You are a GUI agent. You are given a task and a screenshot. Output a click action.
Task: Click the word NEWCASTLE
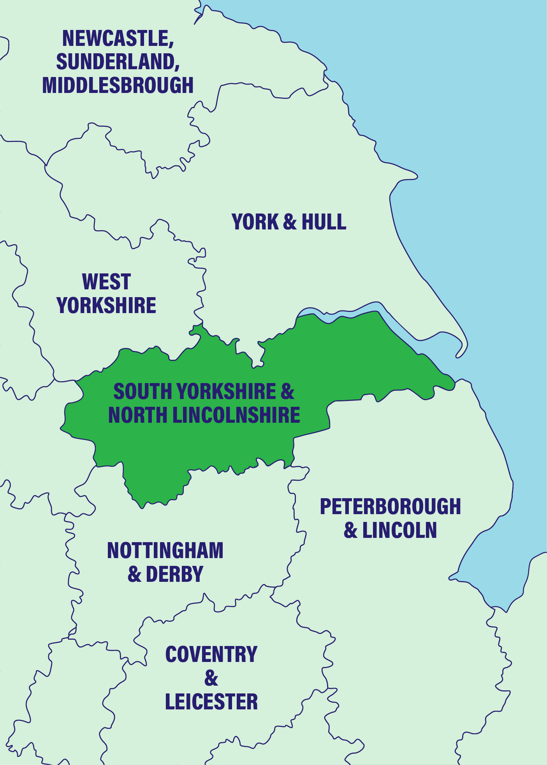pyautogui.click(x=116, y=38)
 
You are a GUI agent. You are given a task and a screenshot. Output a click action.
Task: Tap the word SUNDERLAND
pyautogui.click(x=117, y=61)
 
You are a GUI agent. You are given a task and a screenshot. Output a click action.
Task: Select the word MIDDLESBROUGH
pyautogui.click(x=118, y=85)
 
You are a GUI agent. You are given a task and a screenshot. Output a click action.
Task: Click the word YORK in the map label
pyautogui.click(x=255, y=222)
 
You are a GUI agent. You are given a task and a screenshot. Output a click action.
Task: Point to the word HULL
pyautogui.click(x=324, y=222)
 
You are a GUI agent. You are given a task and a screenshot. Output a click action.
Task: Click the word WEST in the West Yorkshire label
pyautogui.click(x=106, y=282)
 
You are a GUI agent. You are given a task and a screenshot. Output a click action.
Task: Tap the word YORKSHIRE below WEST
pyautogui.click(x=106, y=305)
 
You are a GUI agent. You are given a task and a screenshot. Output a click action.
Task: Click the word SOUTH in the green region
pyautogui.click(x=142, y=391)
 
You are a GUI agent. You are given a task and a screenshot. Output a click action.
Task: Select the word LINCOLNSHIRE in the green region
pyautogui.click(x=236, y=415)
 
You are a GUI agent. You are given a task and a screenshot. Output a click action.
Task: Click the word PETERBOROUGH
pyautogui.click(x=390, y=506)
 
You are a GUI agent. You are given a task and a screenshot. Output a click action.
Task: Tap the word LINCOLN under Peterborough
pyautogui.click(x=399, y=530)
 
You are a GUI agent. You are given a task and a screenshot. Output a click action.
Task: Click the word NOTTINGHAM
pyautogui.click(x=165, y=550)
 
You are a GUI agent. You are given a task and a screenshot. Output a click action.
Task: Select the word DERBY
pyautogui.click(x=174, y=574)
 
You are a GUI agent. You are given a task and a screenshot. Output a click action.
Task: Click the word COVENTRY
pyautogui.click(x=211, y=654)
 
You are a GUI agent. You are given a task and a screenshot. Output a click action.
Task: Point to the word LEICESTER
pyautogui.click(x=211, y=702)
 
